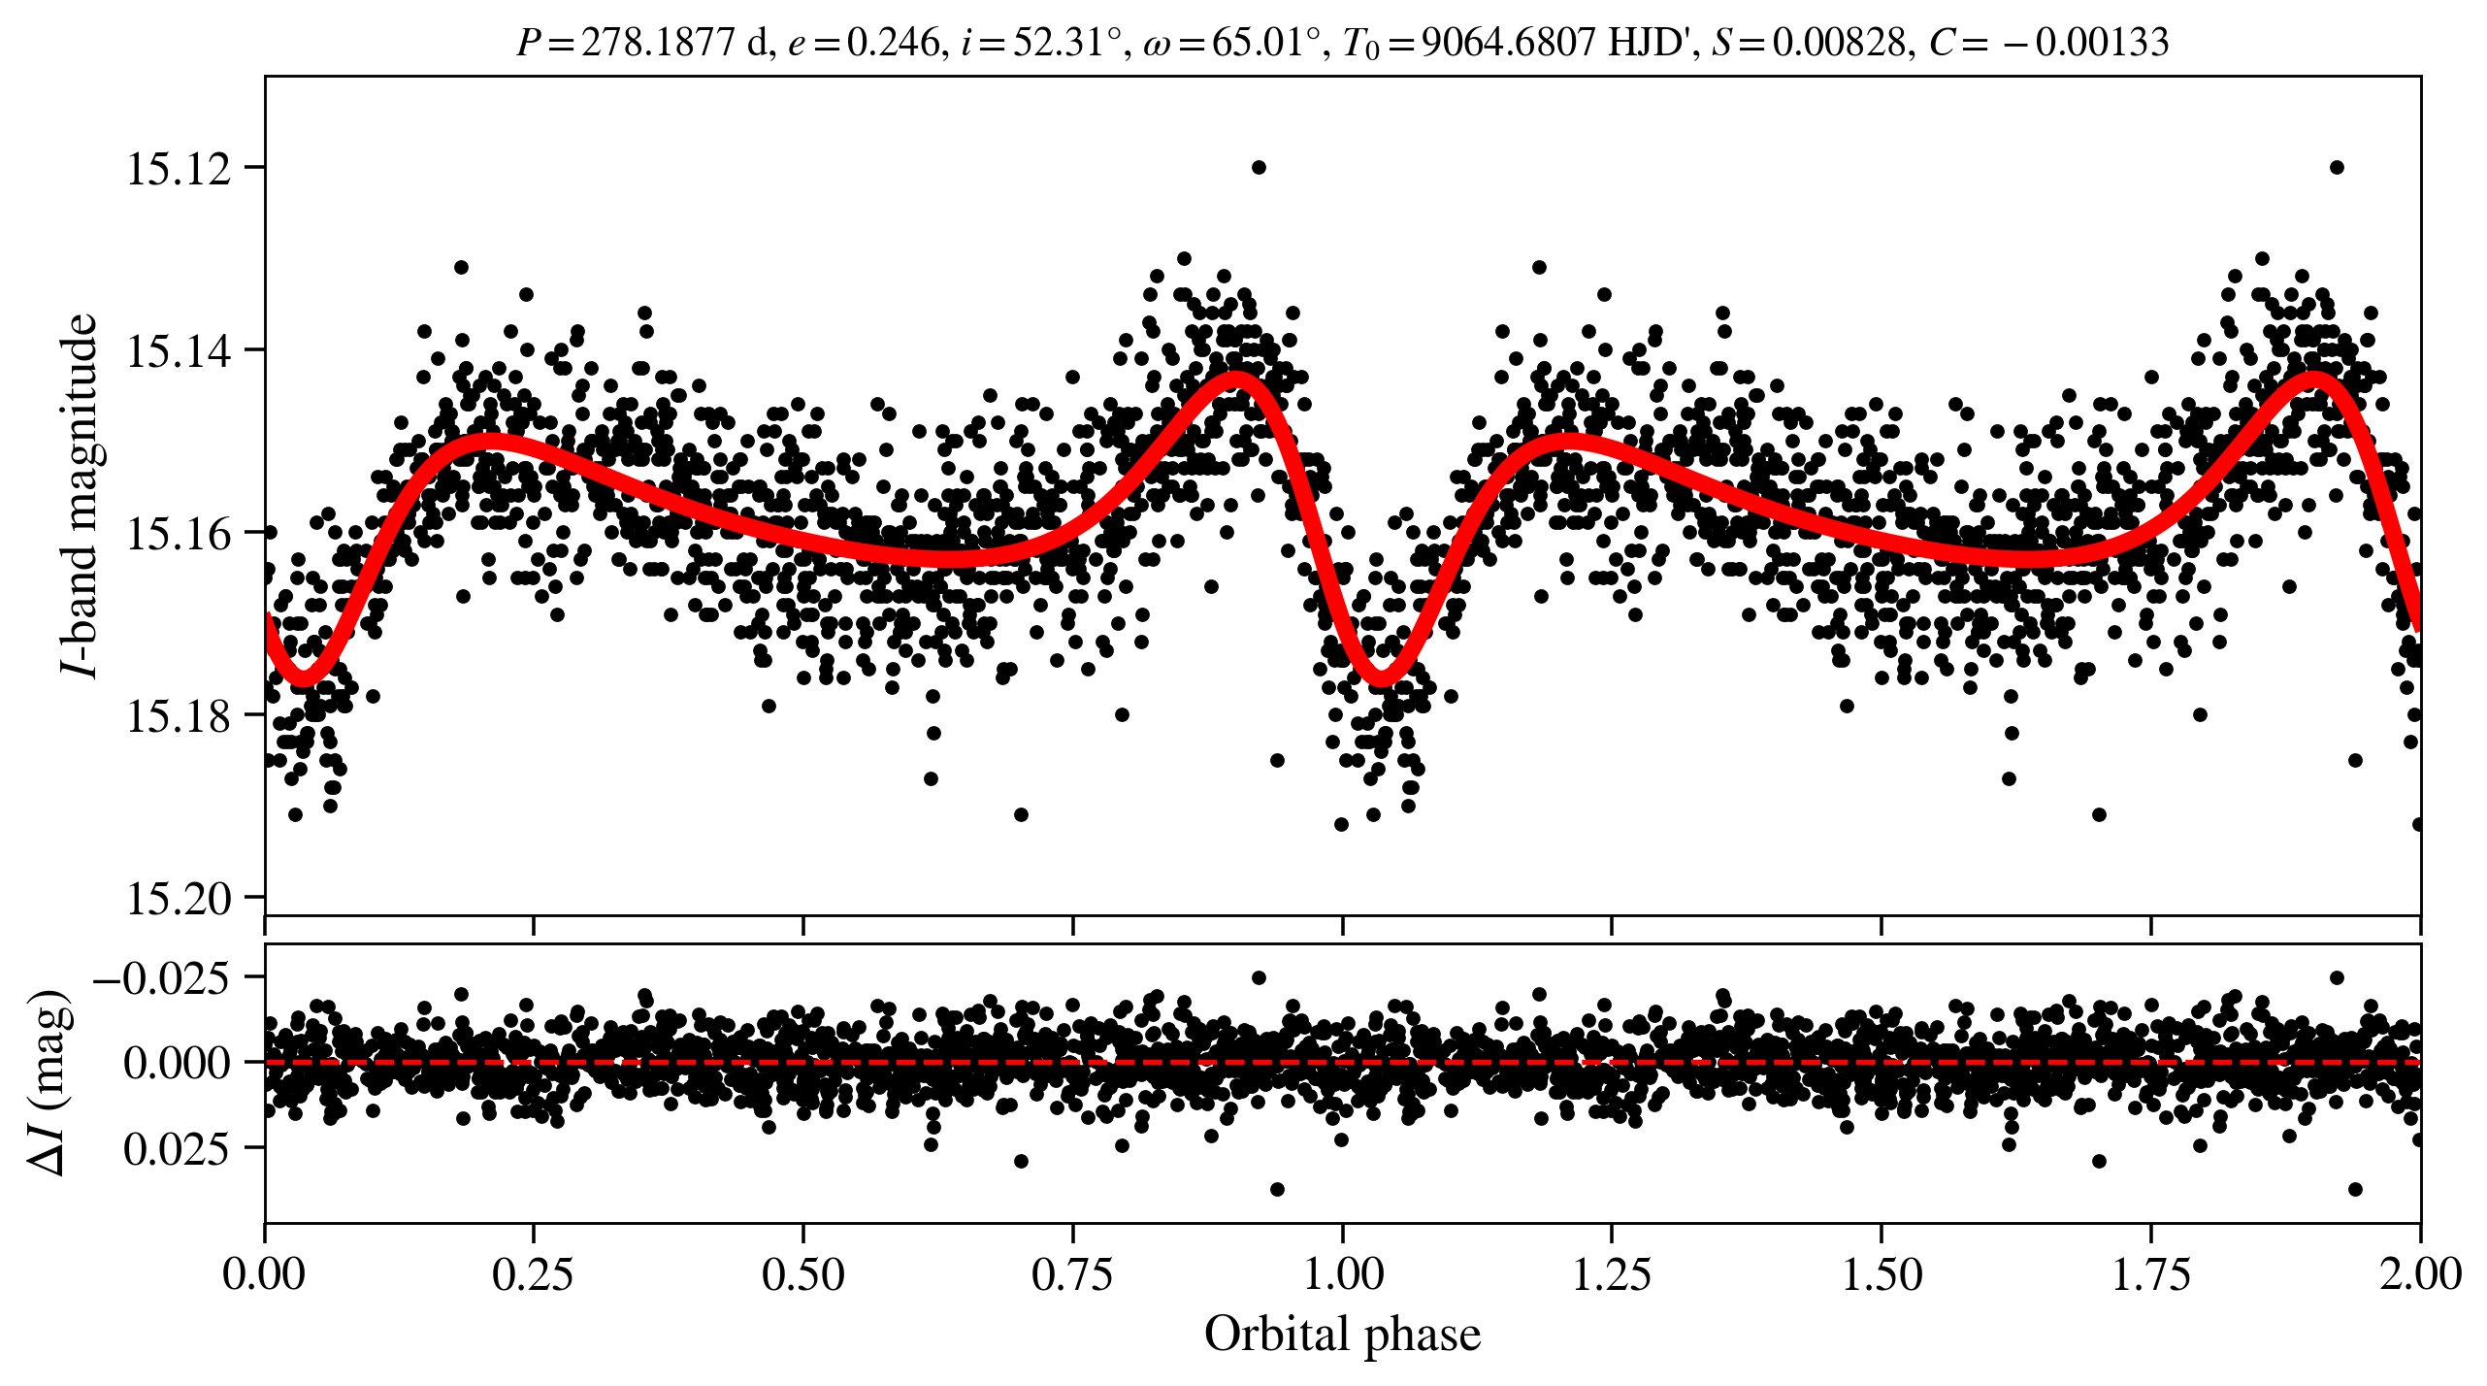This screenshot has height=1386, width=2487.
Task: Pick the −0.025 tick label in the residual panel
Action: coord(161,977)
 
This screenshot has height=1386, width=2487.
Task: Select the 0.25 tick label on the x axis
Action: coord(533,1273)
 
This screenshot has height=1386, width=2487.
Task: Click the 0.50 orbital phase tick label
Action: coord(802,1273)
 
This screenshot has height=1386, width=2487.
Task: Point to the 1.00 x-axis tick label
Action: coord(1342,1273)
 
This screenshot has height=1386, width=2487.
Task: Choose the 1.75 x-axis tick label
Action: coord(2151,1273)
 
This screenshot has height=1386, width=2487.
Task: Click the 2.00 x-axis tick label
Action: coord(2420,1273)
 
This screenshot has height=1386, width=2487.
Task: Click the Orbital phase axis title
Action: coord(1342,1334)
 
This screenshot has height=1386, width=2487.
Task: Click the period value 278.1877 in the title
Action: coord(658,43)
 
